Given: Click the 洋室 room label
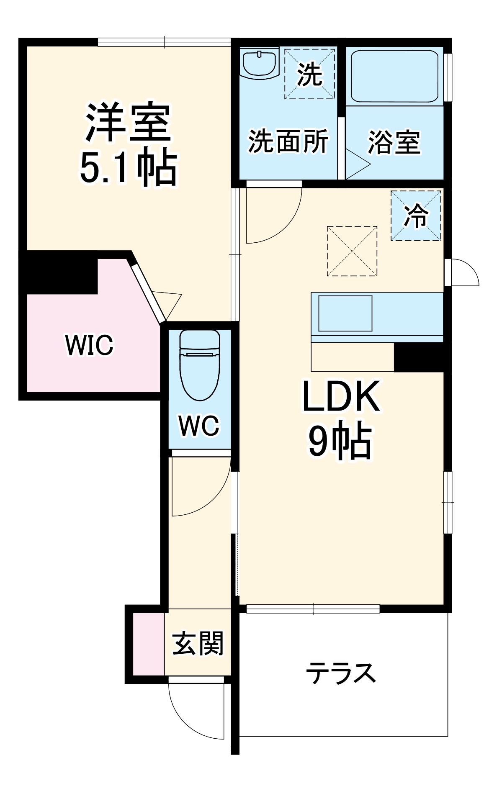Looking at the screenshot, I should pyautogui.click(x=128, y=122).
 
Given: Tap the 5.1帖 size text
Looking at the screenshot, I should pyautogui.click(x=128, y=168).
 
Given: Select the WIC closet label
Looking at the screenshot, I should pyautogui.click(x=89, y=345).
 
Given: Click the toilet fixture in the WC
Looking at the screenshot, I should pyautogui.click(x=200, y=364).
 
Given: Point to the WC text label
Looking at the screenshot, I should pyautogui.click(x=199, y=426).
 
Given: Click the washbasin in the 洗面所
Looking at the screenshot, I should pyautogui.click(x=260, y=63).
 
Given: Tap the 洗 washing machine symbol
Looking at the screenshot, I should pyautogui.click(x=309, y=74).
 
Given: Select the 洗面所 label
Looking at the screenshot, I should pyautogui.click(x=288, y=141).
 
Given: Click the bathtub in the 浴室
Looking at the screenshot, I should pyautogui.click(x=394, y=76).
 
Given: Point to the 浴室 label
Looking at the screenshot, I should pyautogui.click(x=394, y=142).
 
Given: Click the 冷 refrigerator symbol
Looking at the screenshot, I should pyautogui.click(x=416, y=216).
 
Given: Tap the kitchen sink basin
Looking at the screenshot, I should pyautogui.click(x=345, y=313).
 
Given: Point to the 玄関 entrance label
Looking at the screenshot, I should pyautogui.click(x=198, y=644).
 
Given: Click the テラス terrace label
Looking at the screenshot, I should pyautogui.click(x=341, y=673).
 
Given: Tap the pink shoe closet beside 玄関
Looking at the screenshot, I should pyautogui.click(x=149, y=644).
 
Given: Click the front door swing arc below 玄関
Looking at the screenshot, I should pyautogui.click(x=188, y=711).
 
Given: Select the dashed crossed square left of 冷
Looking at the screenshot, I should pyautogui.click(x=352, y=251).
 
